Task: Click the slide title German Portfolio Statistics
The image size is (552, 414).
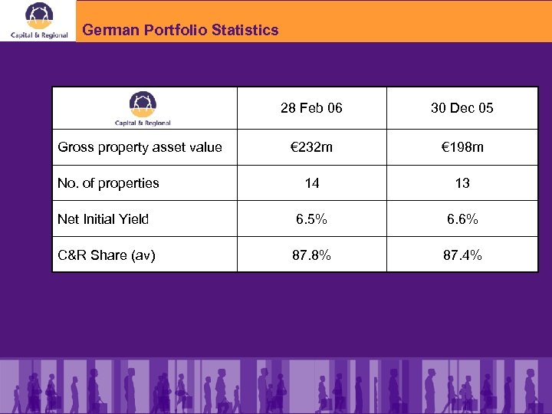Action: [x=180, y=31]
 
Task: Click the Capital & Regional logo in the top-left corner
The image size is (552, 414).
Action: [x=39, y=21]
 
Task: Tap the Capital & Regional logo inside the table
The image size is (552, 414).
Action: [x=143, y=108]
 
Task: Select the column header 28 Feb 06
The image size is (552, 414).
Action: [x=311, y=108]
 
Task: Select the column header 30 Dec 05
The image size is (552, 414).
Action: [x=462, y=108]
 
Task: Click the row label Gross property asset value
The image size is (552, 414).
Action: [x=140, y=147]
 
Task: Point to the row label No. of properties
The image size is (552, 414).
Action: [x=108, y=183]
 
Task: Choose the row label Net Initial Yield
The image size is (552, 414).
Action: [x=103, y=219]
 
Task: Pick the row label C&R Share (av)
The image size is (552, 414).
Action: [x=107, y=255]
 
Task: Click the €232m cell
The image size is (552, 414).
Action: [x=311, y=147]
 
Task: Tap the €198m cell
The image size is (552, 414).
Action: [x=462, y=147]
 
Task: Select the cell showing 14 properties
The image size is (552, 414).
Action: [x=311, y=183]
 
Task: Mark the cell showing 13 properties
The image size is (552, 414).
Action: [x=462, y=183]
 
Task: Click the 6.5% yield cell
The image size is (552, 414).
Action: [x=311, y=219]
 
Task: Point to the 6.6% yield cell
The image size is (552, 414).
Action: [x=462, y=219]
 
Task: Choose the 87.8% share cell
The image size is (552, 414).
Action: [x=311, y=255]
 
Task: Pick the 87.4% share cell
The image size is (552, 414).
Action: [x=462, y=255]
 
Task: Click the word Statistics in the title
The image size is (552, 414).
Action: [x=246, y=31]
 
